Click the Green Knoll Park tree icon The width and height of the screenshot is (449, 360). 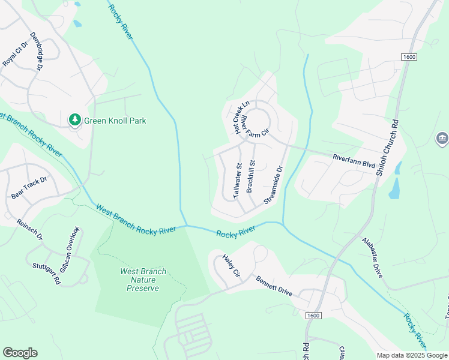75,120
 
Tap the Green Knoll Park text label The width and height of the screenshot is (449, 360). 115,121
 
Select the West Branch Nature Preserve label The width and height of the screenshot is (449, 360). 143,280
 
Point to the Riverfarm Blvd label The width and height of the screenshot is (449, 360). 354,161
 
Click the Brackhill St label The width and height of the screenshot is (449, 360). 252,176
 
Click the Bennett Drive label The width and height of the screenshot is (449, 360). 274,286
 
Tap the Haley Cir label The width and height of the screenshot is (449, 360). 231,265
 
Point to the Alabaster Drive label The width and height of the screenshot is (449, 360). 372,256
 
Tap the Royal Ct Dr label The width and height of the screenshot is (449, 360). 16,54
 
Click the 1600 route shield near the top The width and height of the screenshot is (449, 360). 409,56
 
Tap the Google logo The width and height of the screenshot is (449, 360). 20,353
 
